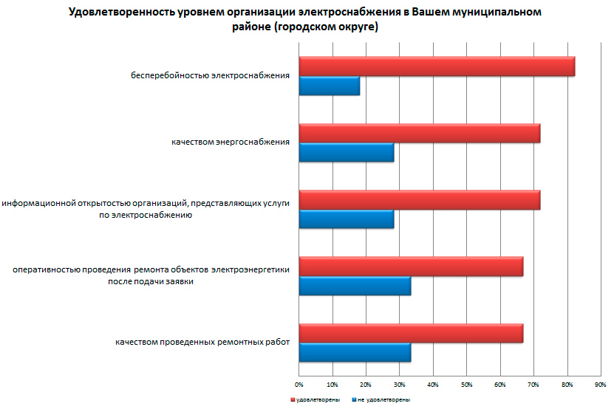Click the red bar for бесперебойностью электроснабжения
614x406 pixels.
pyautogui.click(x=436, y=66)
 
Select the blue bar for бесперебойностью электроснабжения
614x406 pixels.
pyautogui.click(x=329, y=86)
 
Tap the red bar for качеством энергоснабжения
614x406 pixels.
pyautogui.click(x=419, y=133)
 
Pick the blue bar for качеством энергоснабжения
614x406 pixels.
pyautogui.click(x=346, y=152)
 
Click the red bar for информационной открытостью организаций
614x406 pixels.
pyautogui.click(x=419, y=200)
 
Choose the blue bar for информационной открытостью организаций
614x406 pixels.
pyautogui.click(x=346, y=219)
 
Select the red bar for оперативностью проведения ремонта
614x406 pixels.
pyautogui.click(x=411, y=266)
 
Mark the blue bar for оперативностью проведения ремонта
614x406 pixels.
pyautogui.click(x=354, y=286)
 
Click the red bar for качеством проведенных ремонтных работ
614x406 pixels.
pyautogui.click(x=411, y=334)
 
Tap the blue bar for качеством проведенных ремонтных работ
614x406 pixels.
pyautogui.click(x=354, y=353)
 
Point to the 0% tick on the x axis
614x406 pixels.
pyautogui.click(x=299, y=385)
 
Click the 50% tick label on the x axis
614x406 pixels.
pyautogui.click(x=466, y=385)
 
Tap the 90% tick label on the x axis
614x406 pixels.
pyautogui.click(x=600, y=385)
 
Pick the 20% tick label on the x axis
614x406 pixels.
pyautogui.click(x=366, y=385)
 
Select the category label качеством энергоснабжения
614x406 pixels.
pyautogui.click(x=230, y=142)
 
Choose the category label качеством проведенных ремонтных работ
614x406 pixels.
pyautogui.click(x=202, y=343)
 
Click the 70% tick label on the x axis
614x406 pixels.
pyautogui.click(x=533, y=385)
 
